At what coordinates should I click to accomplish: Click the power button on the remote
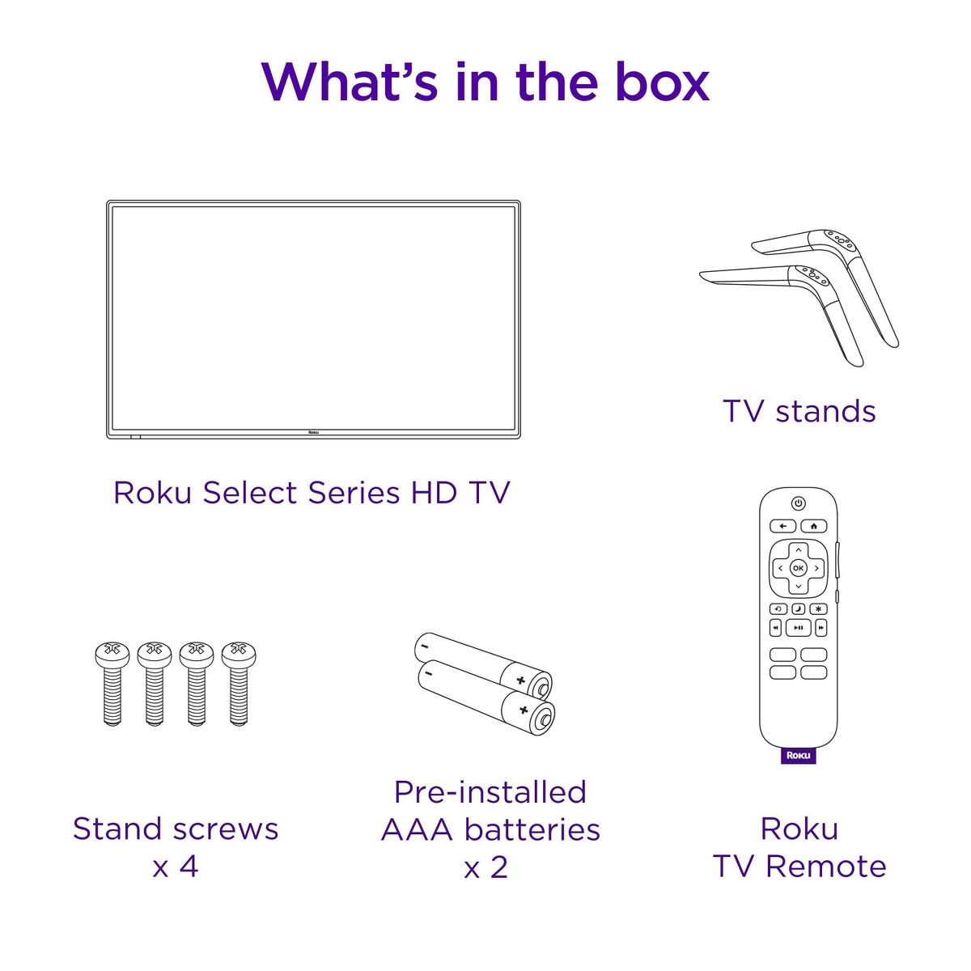[798, 502]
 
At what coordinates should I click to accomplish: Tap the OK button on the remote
[798, 568]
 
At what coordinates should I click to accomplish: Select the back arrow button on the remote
[783, 526]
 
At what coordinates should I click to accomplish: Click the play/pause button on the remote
[799, 628]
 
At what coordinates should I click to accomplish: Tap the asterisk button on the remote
[818, 609]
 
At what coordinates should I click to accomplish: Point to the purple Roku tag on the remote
[799, 755]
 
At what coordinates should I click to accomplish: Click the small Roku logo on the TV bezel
[313, 432]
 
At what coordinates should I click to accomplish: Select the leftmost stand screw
[112, 683]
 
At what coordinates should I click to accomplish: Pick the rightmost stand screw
[239, 683]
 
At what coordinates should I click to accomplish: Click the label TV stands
[799, 411]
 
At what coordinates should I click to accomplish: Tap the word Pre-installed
[490, 791]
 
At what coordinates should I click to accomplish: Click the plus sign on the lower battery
[524, 710]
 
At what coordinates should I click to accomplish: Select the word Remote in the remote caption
[825, 867]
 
